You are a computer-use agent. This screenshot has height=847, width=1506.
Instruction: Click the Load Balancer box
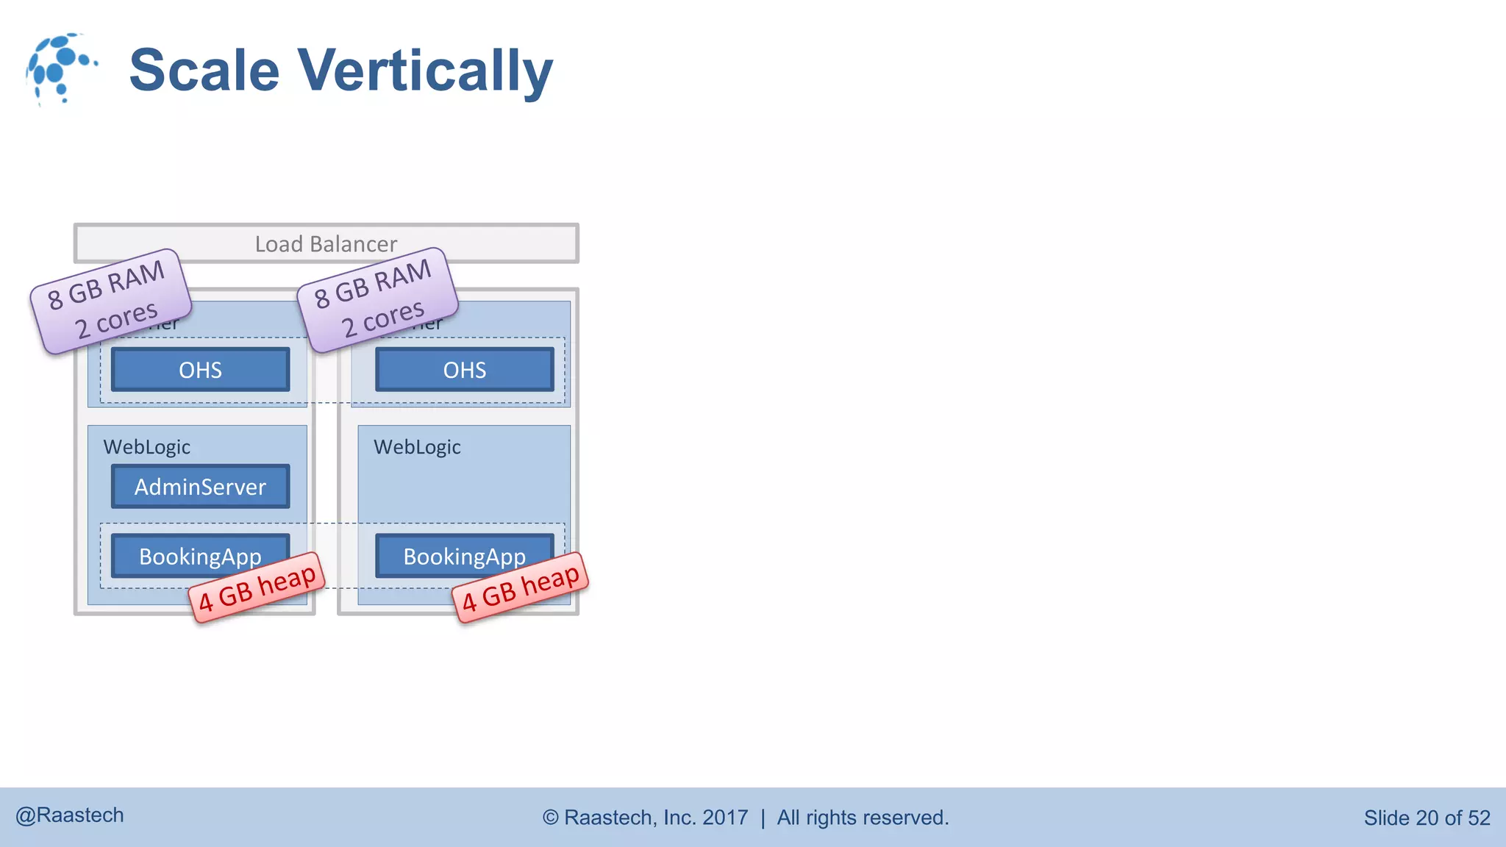pos(326,243)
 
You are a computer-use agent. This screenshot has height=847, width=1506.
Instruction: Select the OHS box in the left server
pos(200,370)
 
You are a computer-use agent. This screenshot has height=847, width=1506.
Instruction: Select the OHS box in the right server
pos(464,370)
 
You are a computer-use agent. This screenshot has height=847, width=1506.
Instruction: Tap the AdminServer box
pos(200,487)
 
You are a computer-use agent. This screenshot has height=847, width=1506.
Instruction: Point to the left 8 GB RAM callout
pos(110,301)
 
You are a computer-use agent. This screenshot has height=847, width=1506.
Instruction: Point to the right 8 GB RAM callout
pos(377,299)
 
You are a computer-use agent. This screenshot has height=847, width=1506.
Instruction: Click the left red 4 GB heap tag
pos(257,587)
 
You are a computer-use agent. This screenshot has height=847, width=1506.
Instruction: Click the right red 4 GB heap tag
pos(521,587)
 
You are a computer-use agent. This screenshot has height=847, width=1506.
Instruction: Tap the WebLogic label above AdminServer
pos(147,447)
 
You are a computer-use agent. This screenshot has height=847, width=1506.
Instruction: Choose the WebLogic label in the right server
pos(417,447)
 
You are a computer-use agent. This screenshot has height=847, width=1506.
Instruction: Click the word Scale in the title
pos(204,71)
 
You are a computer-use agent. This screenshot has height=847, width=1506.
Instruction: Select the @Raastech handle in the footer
pos(70,815)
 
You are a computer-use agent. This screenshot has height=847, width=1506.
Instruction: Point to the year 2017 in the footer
pos(725,818)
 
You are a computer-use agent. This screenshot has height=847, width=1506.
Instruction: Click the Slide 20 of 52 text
pos(1427,818)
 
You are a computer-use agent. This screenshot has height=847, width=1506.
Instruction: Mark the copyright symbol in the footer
pos(551,818)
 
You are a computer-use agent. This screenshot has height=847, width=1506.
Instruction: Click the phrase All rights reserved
pos(863,818)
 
